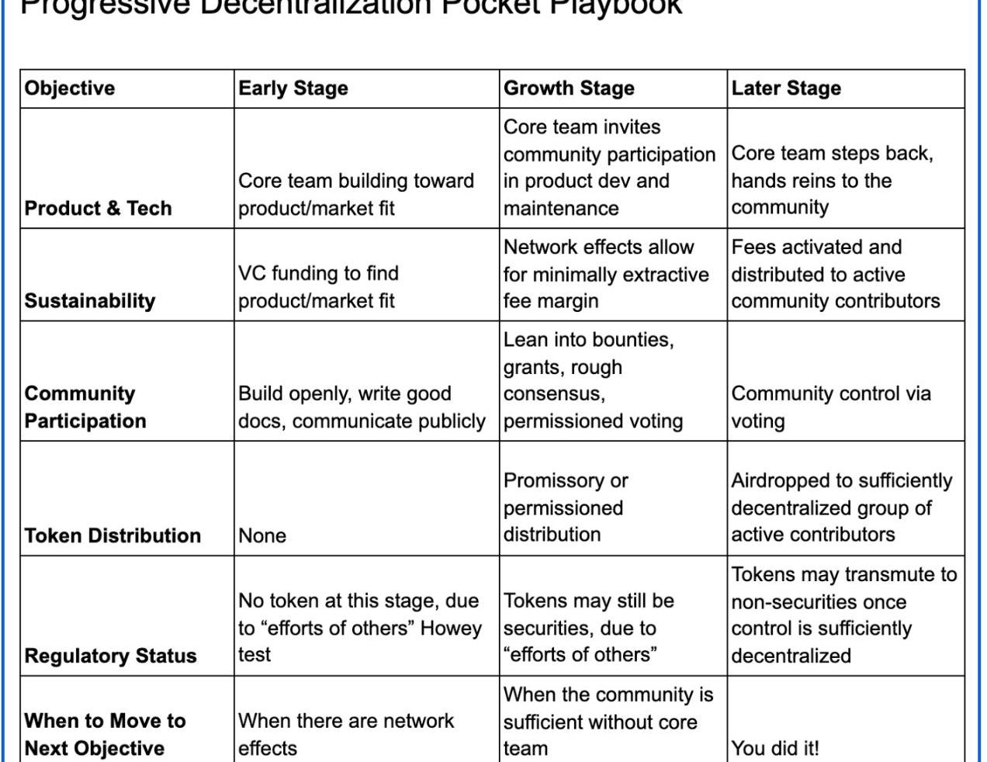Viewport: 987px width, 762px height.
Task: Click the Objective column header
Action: (x=70, y=88)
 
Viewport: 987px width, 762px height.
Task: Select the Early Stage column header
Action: (x=293, y=88)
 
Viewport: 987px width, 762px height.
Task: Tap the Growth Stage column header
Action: (x=569, y=88)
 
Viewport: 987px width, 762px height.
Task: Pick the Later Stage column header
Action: (x=786, y=88)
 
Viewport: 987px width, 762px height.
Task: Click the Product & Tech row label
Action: (x=98, y=208)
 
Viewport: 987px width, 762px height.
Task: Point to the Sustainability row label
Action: (x=90, y=301)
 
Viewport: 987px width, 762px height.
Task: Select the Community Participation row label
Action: (x=85, y=407)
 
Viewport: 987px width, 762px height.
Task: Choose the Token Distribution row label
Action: (x=113, y=535)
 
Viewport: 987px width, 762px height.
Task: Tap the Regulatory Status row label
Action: (x=110, y=656)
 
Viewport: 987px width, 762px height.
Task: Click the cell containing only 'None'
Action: (x=262, y=535)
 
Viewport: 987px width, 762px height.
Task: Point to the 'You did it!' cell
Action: (x=775, y=749)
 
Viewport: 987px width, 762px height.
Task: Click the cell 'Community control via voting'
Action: (x=830, y=407)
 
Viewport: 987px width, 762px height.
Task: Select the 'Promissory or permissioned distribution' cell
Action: (x=566, y=507)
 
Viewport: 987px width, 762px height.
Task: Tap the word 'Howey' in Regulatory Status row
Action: (x=451, y=628)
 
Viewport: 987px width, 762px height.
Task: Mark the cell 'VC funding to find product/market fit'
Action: (x=318, y=287)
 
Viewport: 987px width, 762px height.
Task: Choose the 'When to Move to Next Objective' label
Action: (x=105, y=735)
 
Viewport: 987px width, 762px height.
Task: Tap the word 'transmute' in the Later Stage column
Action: (x=885, y=574)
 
